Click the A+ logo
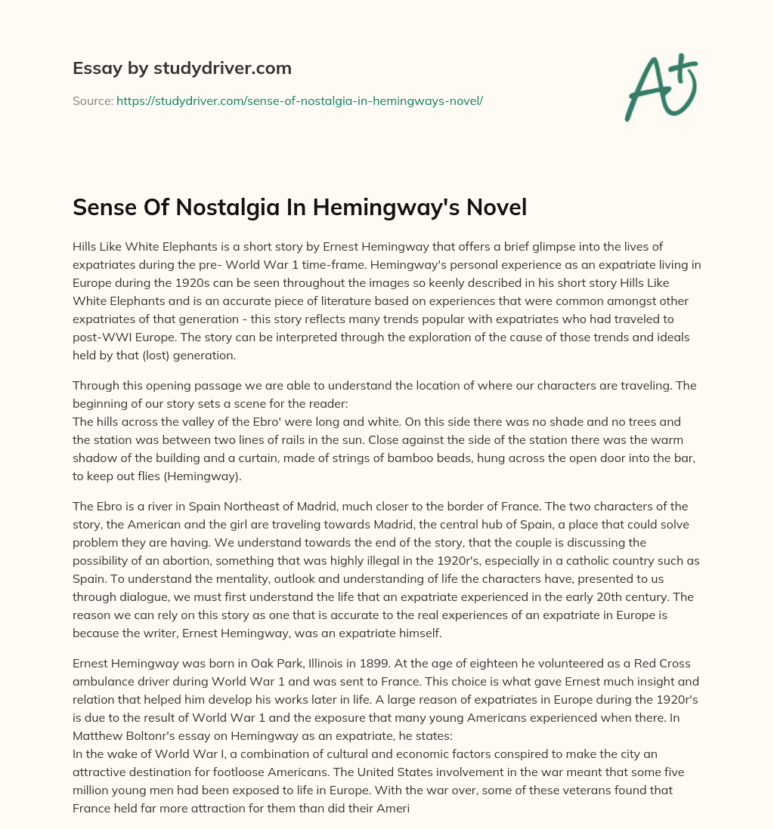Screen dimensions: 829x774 [660, 88]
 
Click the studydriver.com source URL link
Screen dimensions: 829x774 [299, 100]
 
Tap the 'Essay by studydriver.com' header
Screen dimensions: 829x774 [182, 68]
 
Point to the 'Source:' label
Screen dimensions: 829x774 [92, 100]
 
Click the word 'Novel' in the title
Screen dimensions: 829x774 [496, 206]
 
